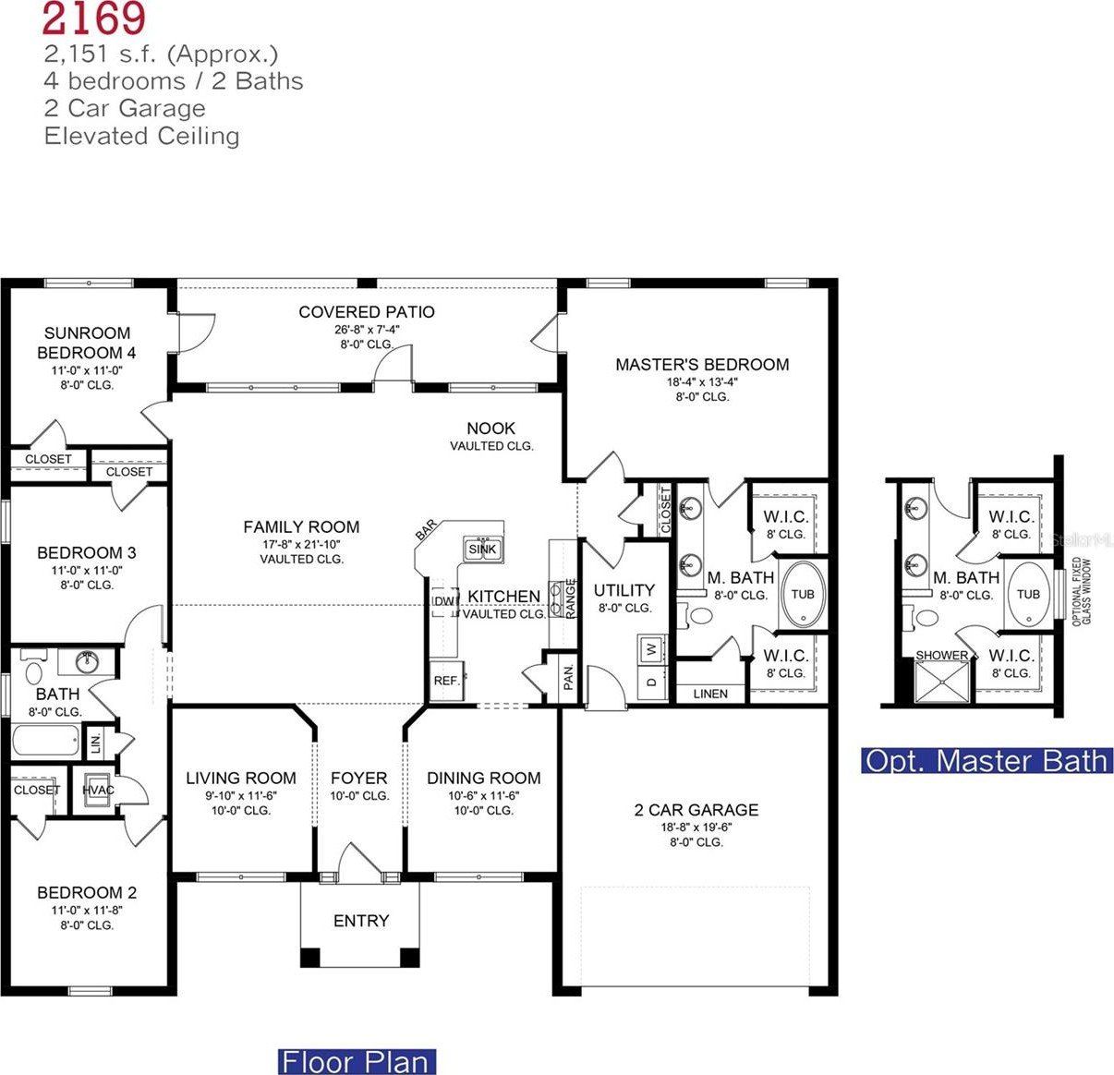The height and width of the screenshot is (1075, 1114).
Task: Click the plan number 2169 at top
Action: coord(92,17)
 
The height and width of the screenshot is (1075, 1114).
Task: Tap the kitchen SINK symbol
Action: coord(483,549)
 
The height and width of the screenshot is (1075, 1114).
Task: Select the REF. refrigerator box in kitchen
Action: coord(447,681)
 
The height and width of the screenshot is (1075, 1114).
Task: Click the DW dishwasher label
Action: coord(444,601)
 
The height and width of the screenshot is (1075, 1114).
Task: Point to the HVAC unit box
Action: coord(98,790)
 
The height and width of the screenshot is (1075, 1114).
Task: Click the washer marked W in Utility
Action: coord(651,647)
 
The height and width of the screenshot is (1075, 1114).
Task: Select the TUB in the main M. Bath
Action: coord(803,594)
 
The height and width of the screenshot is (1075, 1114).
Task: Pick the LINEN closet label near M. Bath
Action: coord(709,694)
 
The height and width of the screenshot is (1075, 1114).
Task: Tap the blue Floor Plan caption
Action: coord(357,1061)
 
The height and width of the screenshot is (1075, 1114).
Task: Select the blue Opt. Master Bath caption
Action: coord(986,761)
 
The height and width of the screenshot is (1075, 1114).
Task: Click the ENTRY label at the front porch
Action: coord(361,921)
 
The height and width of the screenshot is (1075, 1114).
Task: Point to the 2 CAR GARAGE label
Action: coord(696,810)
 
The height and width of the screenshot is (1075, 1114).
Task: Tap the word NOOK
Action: coord(491,429)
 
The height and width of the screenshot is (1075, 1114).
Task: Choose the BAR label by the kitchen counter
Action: coord(426,530)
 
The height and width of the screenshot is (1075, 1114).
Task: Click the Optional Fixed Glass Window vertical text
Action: coord(1078,592)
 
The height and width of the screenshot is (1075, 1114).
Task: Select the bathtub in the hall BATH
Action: coord(45,740)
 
